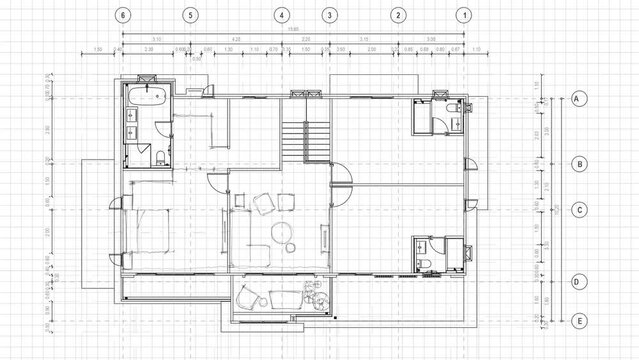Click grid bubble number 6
tap(122, 16)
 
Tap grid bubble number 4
tap(283, 16)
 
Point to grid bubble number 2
tap(398, 16)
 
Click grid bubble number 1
tap(463, 16)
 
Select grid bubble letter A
tap(578, 99)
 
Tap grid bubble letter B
tap(578, 163)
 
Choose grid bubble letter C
tap(578, 210)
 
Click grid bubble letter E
tap(578, 320)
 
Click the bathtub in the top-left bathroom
tap(146, 97)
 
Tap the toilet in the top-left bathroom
tap(160, 154)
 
